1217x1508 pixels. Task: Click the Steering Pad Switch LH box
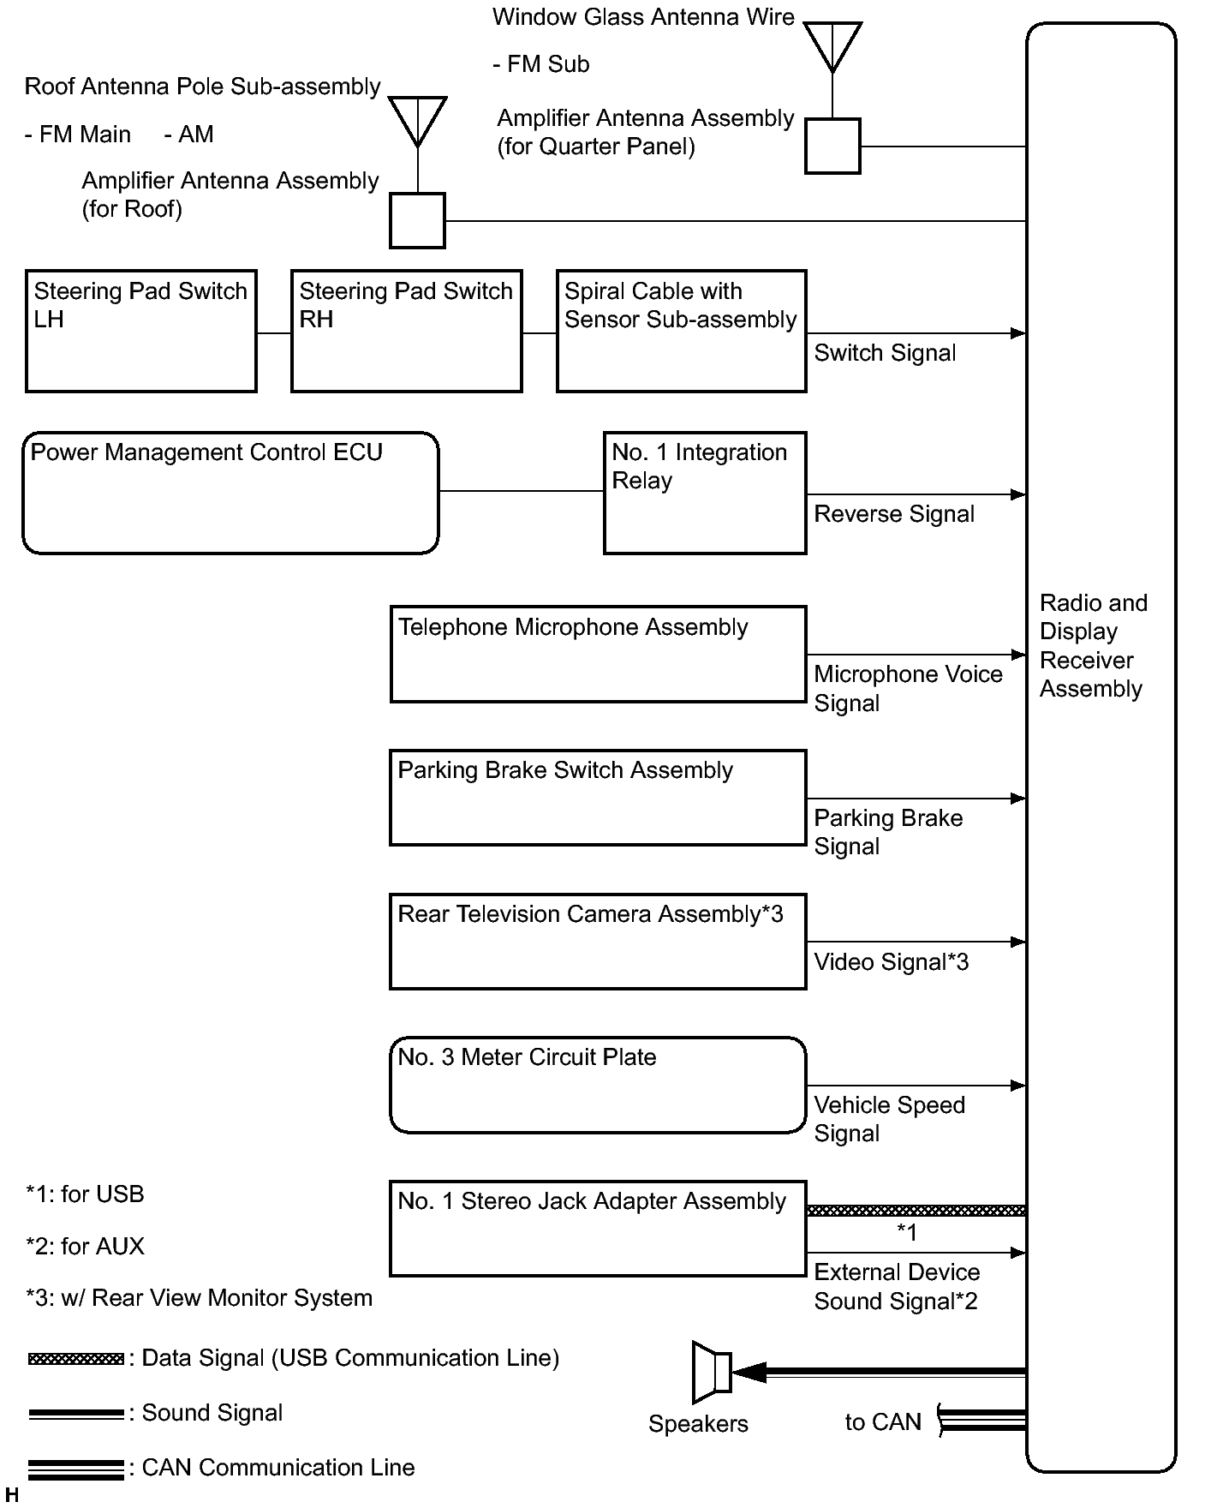(141, 332)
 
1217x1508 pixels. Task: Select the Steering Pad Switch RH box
(406, 332)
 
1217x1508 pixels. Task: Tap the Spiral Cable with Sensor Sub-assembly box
(681, 332)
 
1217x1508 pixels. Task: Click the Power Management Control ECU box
(230, 493)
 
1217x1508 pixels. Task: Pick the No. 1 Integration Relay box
(704, 493)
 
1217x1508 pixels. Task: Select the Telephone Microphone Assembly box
(598, 655)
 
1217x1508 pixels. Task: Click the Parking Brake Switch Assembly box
(598, 798)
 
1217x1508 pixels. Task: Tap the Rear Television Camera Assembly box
(598, 942)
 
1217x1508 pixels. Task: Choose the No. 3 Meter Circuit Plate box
(598, 1085)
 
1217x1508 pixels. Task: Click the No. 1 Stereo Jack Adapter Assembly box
(598, 1229)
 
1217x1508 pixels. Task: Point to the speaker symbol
(712, 1372)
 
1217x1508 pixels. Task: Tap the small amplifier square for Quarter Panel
(832, 147)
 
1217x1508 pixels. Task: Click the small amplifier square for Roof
(417, 221)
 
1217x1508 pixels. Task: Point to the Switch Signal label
(885, 353)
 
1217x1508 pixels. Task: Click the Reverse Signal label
(894, 514)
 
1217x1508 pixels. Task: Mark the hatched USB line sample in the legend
(76, 1359)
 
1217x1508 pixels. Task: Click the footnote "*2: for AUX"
(86, 1246)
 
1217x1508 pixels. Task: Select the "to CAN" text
(883, 1422)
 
